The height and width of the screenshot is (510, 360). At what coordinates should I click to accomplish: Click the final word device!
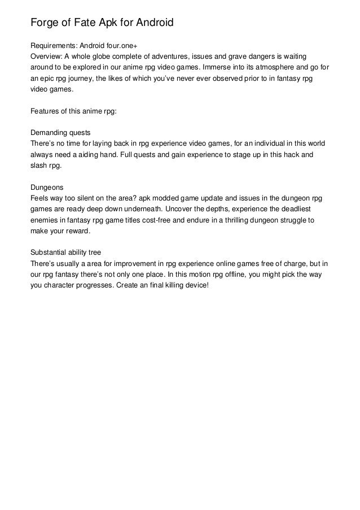tap(195, 284)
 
